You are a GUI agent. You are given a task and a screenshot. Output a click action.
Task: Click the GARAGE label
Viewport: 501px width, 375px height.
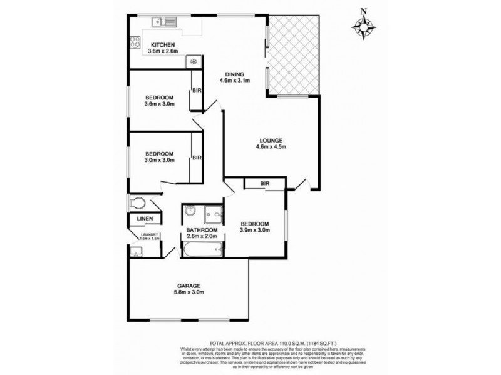tap(189, 286)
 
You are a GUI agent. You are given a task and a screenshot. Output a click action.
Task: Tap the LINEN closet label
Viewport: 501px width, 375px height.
tap(145, 219)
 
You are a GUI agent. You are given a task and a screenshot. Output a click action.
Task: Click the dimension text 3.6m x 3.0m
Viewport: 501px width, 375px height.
tap(159, 104)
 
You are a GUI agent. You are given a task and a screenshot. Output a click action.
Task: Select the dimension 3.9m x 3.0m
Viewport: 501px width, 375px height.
tap(254, 231)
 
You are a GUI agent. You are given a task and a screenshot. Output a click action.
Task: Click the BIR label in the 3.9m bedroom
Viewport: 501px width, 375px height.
tap(265, 182)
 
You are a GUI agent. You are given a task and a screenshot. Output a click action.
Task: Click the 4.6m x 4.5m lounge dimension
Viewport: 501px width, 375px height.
tap(272, 147)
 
